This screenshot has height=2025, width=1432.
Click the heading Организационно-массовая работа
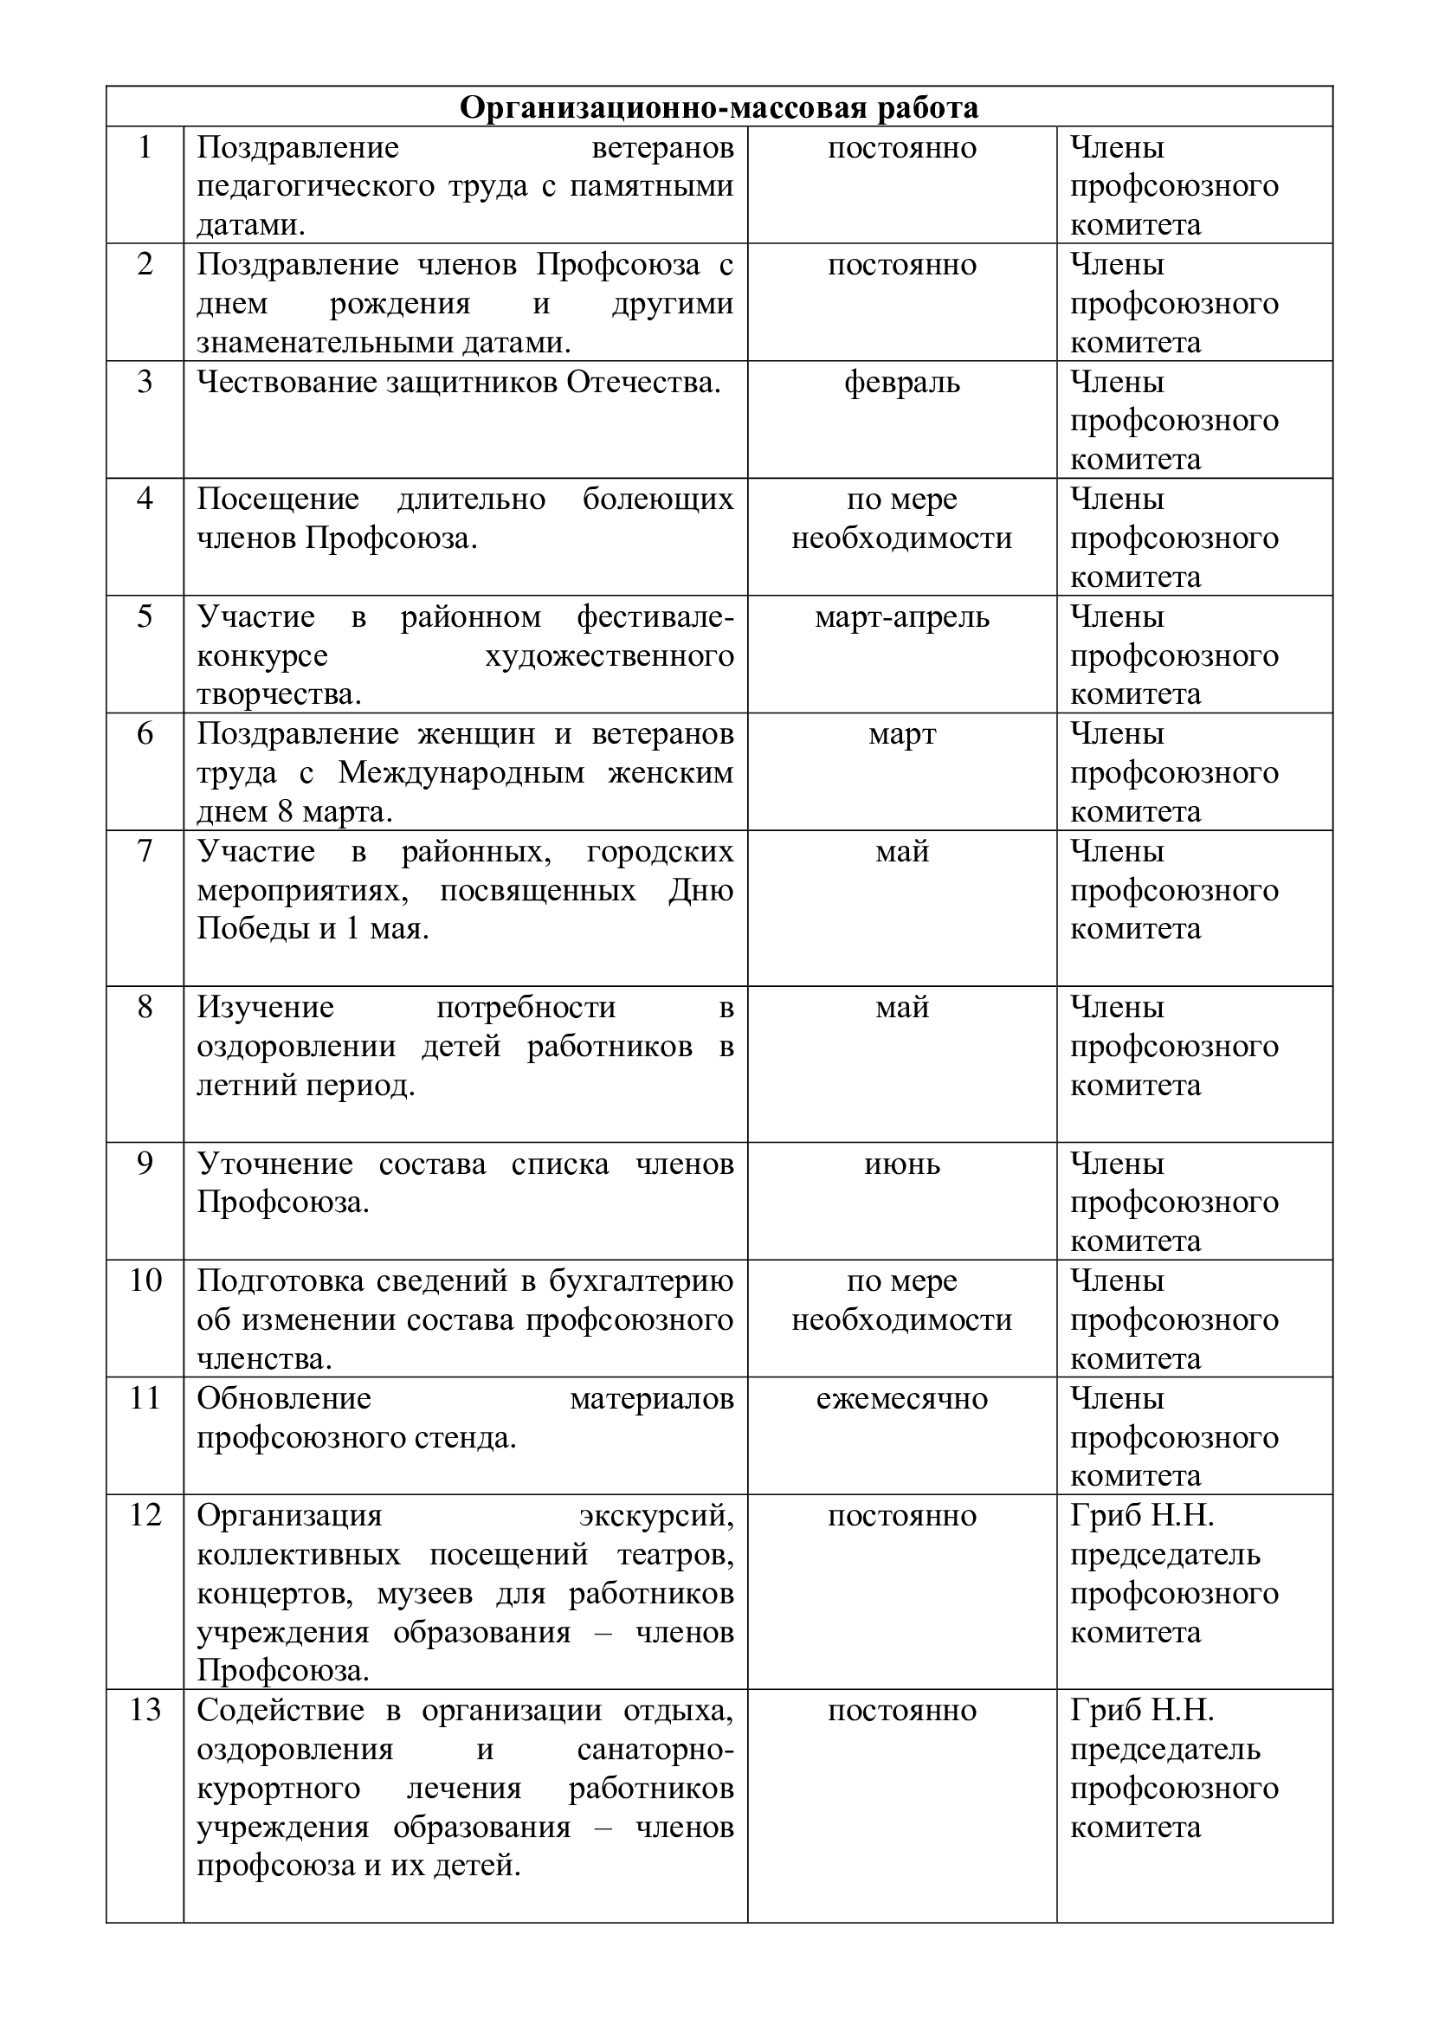coord(719,107)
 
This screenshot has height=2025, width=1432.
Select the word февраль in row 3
coord(901,383)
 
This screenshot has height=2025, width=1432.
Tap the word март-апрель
coord(901,617)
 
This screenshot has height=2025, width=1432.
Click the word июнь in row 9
coord(901,1164)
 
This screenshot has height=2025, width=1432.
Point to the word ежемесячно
coord(901,1399)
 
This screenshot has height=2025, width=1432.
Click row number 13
coord(145,1710)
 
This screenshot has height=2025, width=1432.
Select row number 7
coord(145,851)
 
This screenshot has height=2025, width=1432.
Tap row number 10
coord(145,1280)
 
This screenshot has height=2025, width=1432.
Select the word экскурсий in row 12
coord(656,1515)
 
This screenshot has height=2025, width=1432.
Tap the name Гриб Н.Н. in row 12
coord(1142,1515)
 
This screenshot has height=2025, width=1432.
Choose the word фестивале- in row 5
coord(655,617)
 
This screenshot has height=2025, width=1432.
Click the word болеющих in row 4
coord(658,500)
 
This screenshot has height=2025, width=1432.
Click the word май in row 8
coord(901,1007)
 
